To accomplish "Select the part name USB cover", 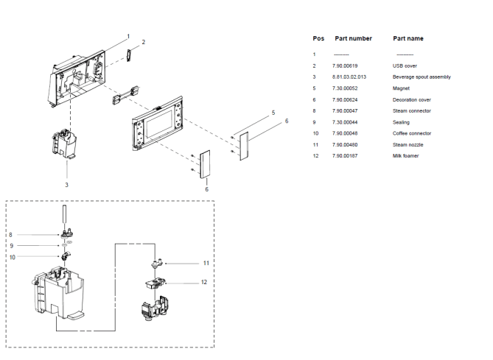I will pos(405,66).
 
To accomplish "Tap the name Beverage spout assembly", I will pos(422,77).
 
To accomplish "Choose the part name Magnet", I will pos(402,88).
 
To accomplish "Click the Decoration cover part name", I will pos(412,99).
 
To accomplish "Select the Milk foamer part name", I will pos(406,156).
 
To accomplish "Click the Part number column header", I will pos(353,38).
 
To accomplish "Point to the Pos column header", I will pos(318,38).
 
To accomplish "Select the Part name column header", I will pos(408,38).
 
